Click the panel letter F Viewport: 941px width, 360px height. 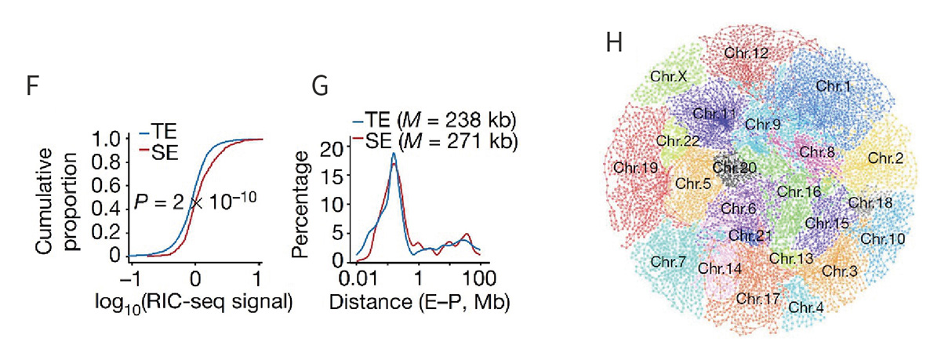click(32, 86)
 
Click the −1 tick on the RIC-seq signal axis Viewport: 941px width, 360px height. click(130, 278)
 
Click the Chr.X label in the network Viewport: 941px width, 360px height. click(669, 77)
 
